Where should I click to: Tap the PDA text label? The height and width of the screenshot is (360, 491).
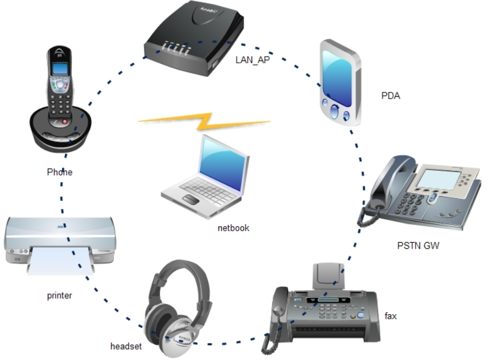390,95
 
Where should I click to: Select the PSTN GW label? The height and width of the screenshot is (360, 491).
418,246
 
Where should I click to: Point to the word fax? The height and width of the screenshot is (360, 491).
391,316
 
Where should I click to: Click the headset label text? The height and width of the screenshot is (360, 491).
126,346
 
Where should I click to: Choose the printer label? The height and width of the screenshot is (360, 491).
59,296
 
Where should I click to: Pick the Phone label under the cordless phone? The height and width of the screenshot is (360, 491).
59,172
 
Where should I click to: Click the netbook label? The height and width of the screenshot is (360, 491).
233,227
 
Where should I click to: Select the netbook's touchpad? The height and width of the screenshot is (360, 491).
190,199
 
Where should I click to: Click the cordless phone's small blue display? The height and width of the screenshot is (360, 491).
59,69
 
